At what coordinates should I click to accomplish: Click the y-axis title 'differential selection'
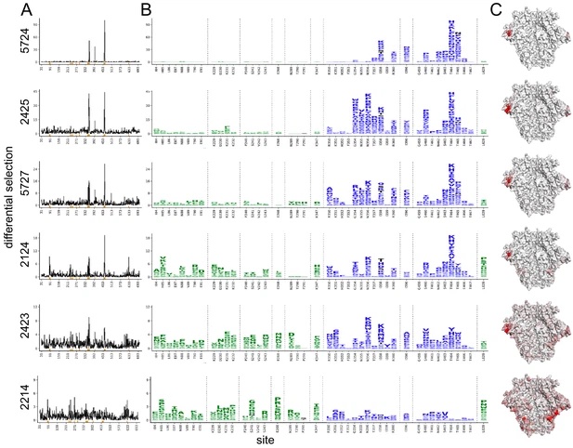tap(7, 223)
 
